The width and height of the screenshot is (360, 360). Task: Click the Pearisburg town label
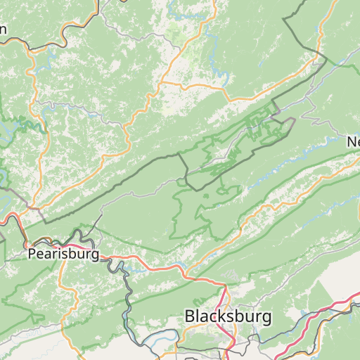(63, 254)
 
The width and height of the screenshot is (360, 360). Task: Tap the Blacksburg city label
(228, 316)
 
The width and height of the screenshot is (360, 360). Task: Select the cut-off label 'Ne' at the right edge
(352, 142)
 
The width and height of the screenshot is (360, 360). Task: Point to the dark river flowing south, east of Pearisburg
(128, 295)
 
